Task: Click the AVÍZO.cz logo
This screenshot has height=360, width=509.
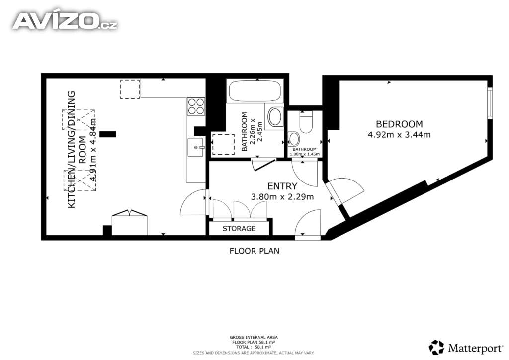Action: point(65,21)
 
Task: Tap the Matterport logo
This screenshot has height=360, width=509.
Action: point(466,348)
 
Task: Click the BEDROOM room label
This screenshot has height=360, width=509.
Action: point(399,124)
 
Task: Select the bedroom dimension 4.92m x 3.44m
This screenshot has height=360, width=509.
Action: point(399,134)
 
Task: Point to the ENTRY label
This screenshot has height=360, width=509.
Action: point(282,186)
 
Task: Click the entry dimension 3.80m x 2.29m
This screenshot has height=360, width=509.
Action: point(282,197)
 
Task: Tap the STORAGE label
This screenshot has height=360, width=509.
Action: point(239,229)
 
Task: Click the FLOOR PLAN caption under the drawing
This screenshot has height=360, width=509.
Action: point(254,251)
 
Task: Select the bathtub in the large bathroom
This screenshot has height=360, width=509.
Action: point(255,91)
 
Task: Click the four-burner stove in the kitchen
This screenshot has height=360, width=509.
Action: point(196,106)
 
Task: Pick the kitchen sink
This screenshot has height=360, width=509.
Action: point(195,147)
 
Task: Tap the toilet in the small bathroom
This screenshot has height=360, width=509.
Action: point(306,122)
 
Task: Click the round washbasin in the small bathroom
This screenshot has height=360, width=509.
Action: point(294,139)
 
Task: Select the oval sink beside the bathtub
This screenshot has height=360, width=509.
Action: point(275,117)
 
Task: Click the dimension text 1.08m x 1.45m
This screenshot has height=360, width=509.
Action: point(305,154)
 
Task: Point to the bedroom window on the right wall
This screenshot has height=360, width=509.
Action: point(490,103)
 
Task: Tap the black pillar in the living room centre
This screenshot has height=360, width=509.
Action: point(108,134)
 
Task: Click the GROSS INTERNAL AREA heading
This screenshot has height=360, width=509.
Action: point(254,337)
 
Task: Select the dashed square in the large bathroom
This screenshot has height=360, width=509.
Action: point(223,145)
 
